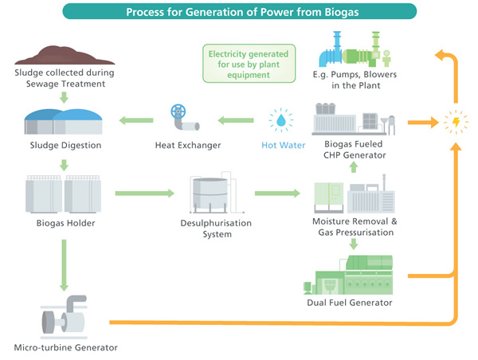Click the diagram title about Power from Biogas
click(x=239, y=12)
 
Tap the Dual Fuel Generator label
click(x=351, y=303)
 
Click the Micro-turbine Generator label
click(x=63, y=347)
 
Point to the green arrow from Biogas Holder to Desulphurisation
click(x=143, y=193)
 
